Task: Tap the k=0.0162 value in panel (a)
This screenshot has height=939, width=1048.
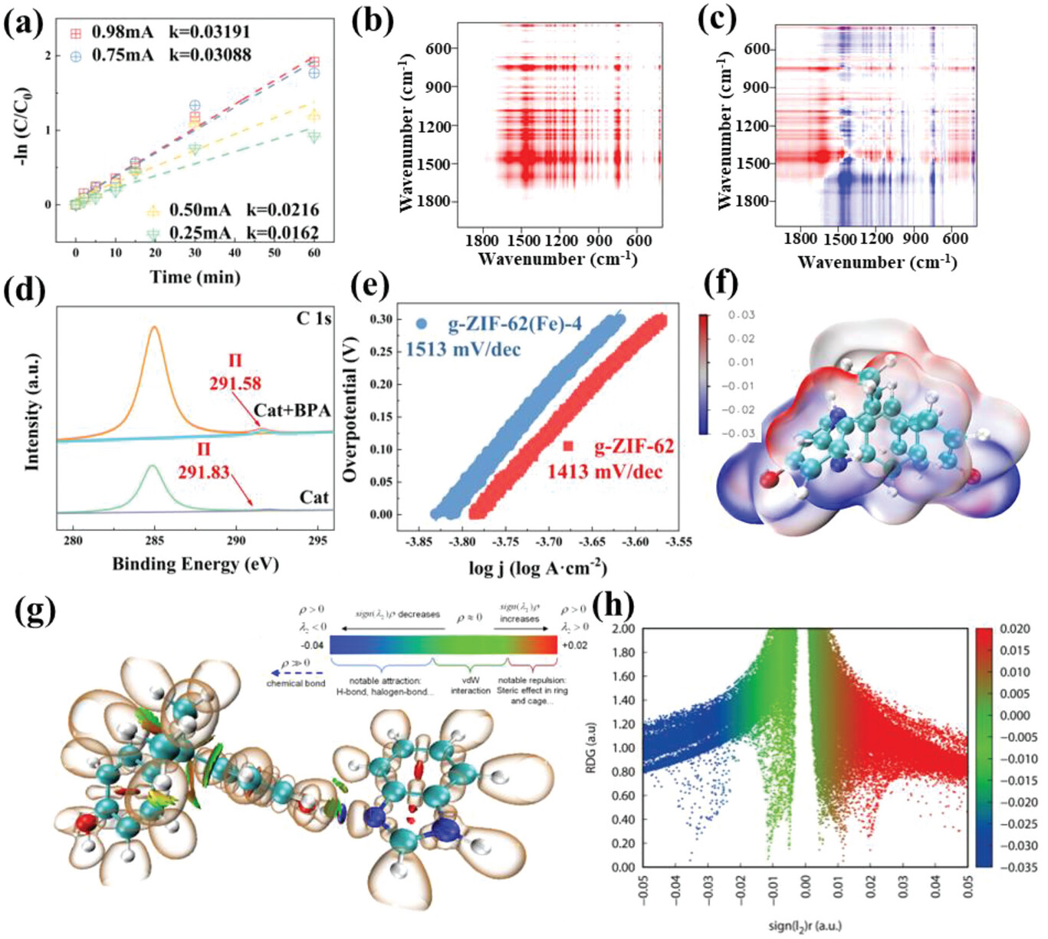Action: point(282,232)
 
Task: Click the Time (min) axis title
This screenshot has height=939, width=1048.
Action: point(195,277)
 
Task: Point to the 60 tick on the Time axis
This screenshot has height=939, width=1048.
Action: point(314,252)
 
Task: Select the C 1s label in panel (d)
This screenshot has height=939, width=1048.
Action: point(313,318)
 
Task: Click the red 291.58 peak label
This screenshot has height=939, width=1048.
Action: point(235,383)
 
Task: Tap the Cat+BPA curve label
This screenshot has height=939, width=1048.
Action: point(292,410)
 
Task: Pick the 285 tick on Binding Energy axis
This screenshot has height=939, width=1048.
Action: point(155,540)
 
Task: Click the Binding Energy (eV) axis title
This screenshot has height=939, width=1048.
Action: point(195,564)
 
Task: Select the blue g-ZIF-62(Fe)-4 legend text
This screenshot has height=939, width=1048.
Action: point(514,324)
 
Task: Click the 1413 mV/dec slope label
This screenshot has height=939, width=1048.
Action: point(604,470)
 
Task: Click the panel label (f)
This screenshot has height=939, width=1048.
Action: point(721,284)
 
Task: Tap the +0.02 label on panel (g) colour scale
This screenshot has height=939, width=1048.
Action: point(575,645)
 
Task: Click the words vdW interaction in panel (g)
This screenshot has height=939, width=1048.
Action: point(470,686)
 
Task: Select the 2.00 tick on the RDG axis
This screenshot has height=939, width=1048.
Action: point(623,629)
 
